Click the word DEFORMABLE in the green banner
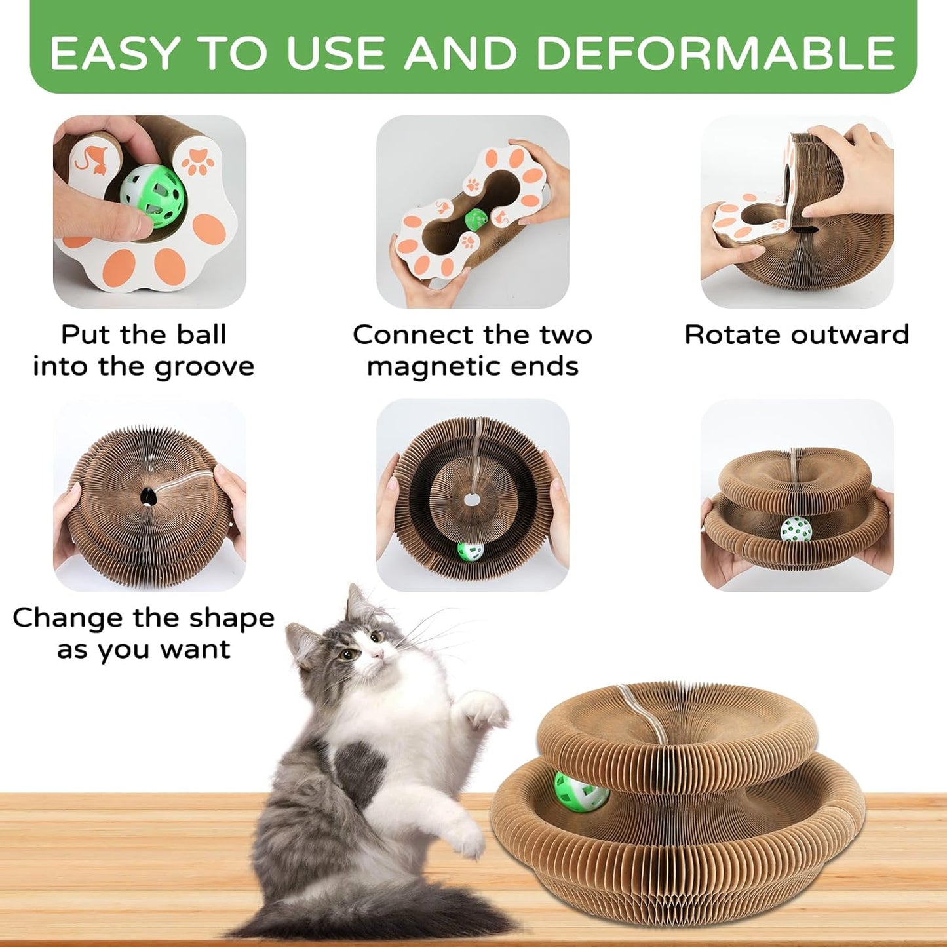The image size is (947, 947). click(716, 53)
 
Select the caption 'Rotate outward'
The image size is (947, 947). click(796, 335)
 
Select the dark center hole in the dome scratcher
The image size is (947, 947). click(149, 498)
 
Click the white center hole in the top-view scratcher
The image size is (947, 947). click(471, 501)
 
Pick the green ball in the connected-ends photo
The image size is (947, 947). click(475, 219)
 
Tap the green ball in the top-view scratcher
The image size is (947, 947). click(470, 551)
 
